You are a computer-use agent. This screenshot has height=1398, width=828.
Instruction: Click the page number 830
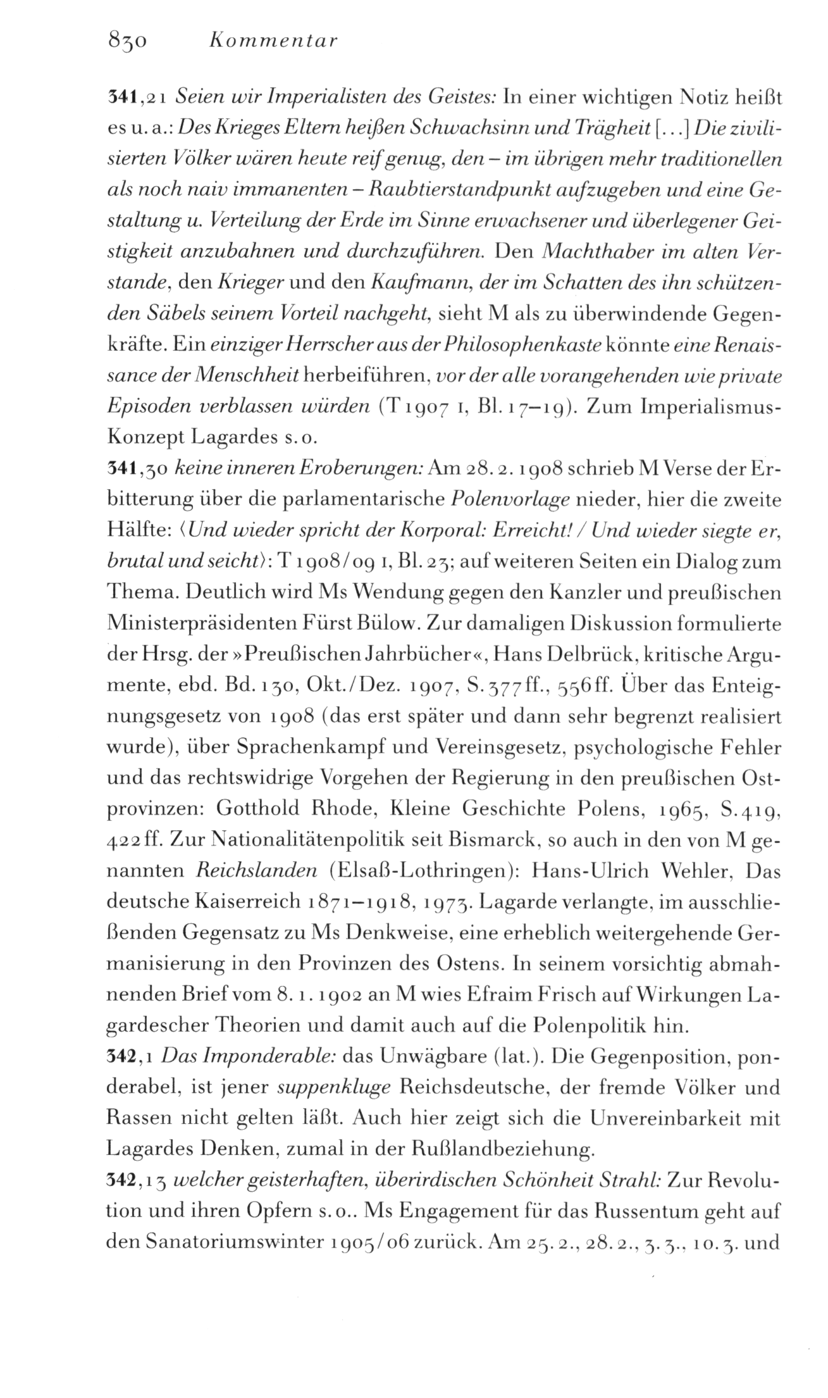tap(128, 41)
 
